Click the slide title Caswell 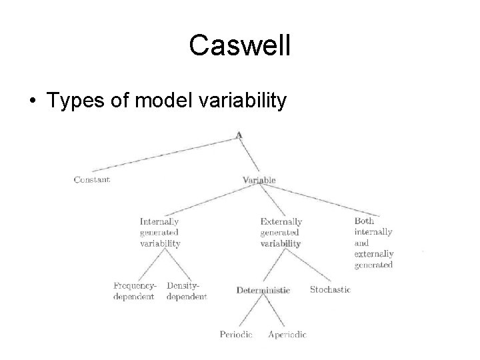point(239,45)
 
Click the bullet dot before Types point(31,101)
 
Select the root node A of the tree point(239,134)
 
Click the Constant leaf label point(92,179)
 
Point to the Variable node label point(259,180)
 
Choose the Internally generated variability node point(160,233)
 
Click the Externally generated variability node point(281,233)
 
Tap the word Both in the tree point(364,221)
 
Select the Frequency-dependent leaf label point(134,291)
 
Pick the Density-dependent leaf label point(187,291)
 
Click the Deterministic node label point(263,290)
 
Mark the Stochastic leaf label point(330,289)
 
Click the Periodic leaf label point(236,335)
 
